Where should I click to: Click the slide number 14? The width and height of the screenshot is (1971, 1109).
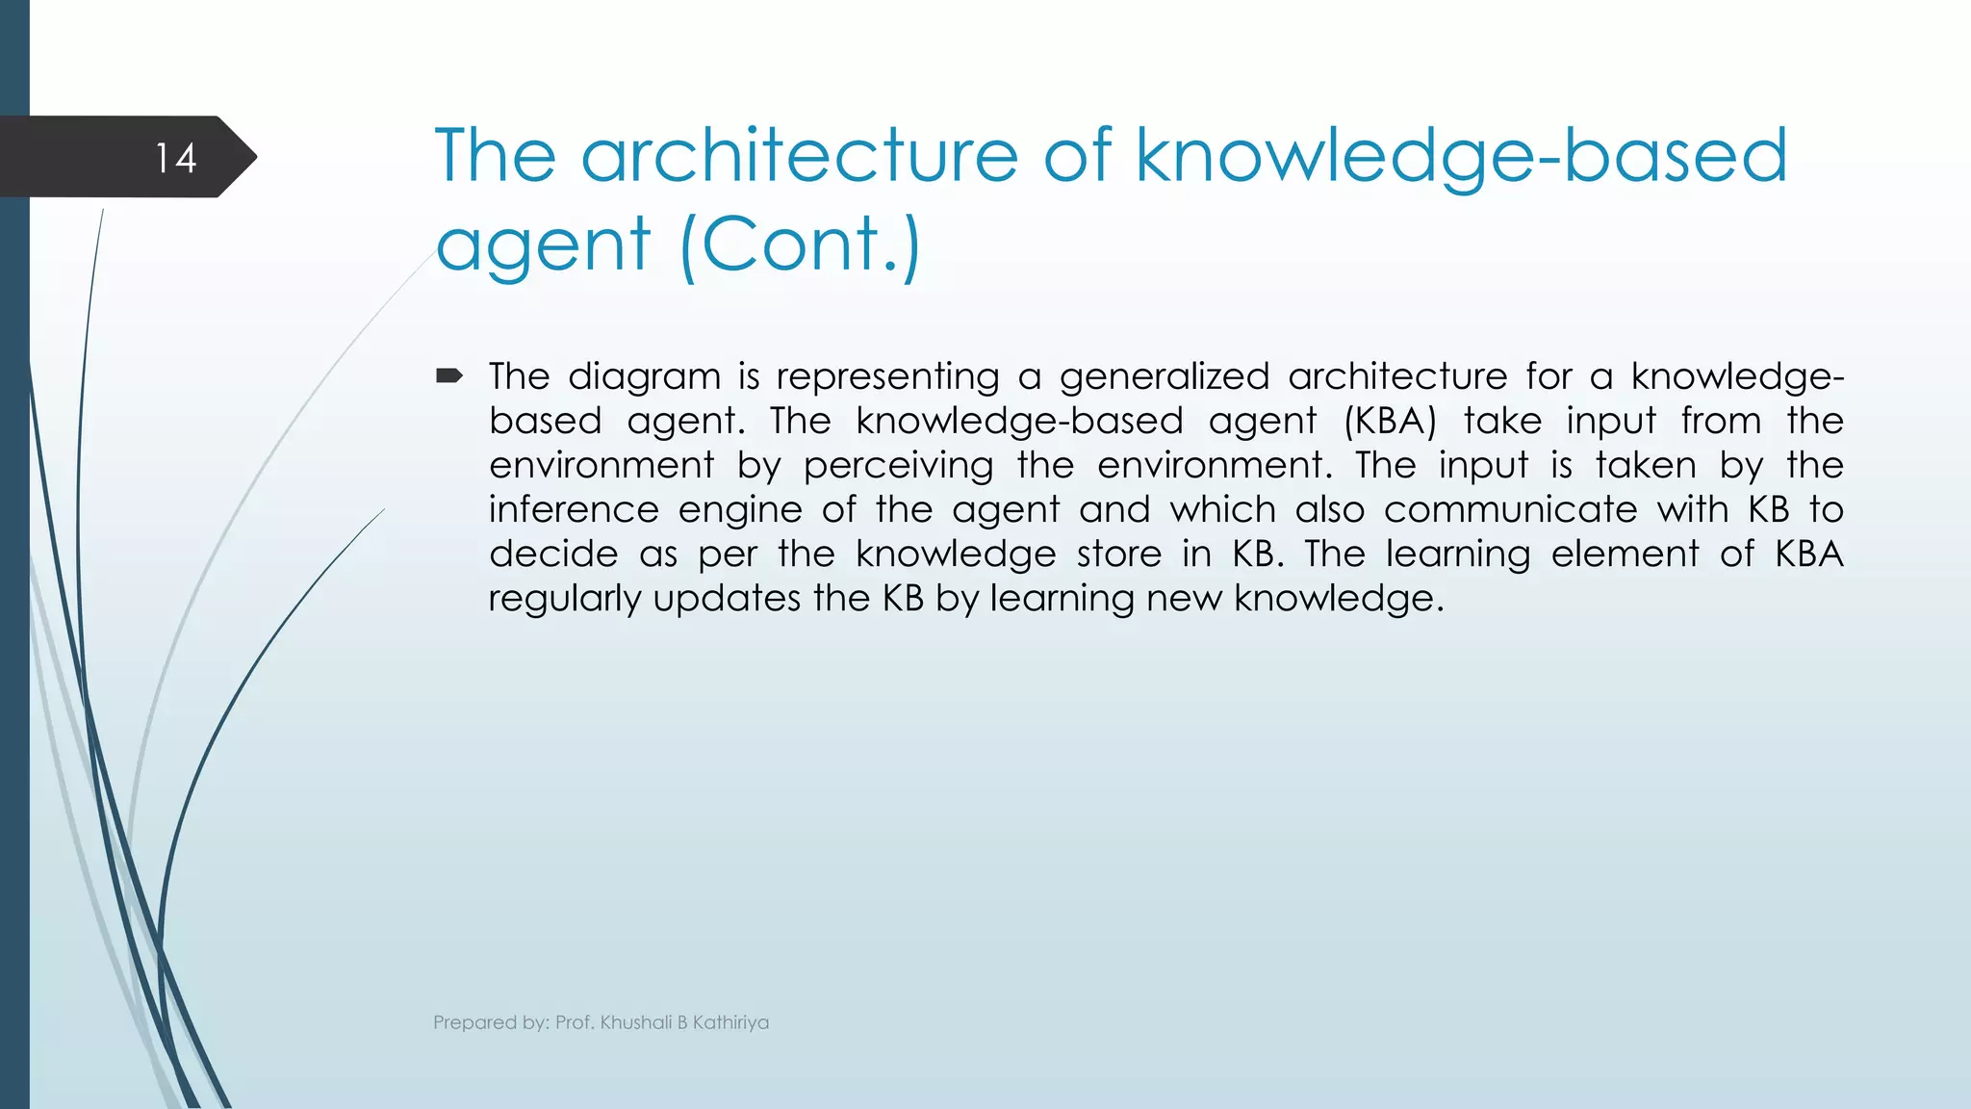click(x=176, y=158)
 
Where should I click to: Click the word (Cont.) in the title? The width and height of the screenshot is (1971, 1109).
click(x=800, y=244)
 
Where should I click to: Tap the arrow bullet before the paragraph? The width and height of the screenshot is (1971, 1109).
click(x=448, y=375)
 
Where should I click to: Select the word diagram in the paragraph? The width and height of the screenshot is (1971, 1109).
click(x=644, y=376)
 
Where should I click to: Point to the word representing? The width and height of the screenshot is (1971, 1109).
click(x=887, y=376)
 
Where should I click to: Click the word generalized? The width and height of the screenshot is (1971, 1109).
click(x=1164, y=376)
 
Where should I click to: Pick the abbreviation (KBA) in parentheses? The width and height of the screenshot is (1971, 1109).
click(x=1390, y=421)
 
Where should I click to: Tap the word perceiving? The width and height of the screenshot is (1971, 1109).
click(x=898, y=466)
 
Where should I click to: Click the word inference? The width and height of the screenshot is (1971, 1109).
click(x=573, y=509)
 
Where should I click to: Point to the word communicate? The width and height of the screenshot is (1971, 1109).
click(x=1510, y=509)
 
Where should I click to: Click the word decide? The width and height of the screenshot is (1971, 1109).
click(x=553, y=554)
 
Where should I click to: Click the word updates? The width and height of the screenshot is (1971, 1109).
click(x=726, y=599)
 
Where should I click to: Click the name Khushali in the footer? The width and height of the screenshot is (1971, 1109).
click(x=635, y=1022)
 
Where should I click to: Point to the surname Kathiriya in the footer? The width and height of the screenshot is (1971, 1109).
click(x=730, y=1022)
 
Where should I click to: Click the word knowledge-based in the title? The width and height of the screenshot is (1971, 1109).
click(x=1461, y=156)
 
